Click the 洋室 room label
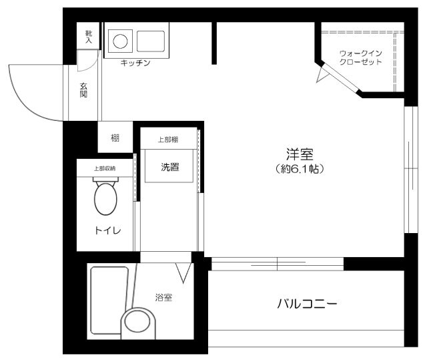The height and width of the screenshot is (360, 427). (x=300, y=154)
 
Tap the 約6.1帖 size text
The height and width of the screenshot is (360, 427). (x=300, y=170)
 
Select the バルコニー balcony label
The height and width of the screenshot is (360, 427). (x=307, y=304)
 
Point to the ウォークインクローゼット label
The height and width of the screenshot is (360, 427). (x=361, y=57)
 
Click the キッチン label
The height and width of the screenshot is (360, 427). (x=135, y=63)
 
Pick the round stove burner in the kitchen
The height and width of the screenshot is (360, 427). (x=121, y=41)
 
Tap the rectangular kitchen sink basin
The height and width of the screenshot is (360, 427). (x=151, y=41)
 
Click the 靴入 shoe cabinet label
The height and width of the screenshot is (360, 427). (x=88, y=36)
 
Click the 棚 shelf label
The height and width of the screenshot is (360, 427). (x=115, y=139)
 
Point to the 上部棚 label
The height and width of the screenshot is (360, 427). (x=167, y=140)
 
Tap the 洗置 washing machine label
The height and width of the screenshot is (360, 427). (x=170, y=167)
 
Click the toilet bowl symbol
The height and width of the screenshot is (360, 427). (x=105, y=198)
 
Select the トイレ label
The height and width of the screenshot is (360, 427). (x=107, y=231)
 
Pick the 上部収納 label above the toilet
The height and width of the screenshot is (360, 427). (x=104, y=168)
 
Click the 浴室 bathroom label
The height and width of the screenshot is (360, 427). (x=163, y=297)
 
